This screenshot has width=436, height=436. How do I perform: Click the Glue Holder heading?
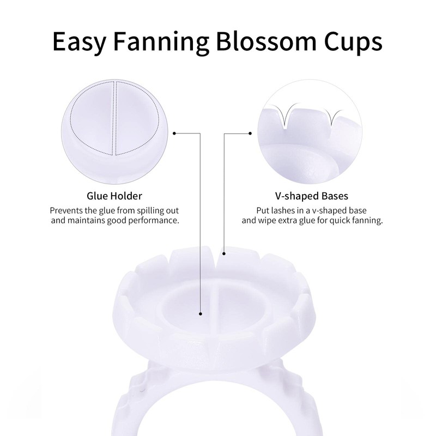[x=114, y=195]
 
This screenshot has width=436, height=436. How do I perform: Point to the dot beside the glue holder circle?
[x=173, y=132]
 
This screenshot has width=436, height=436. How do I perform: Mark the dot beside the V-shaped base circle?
[x=250, y=132]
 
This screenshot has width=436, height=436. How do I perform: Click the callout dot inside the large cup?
[x=201, y=313]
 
